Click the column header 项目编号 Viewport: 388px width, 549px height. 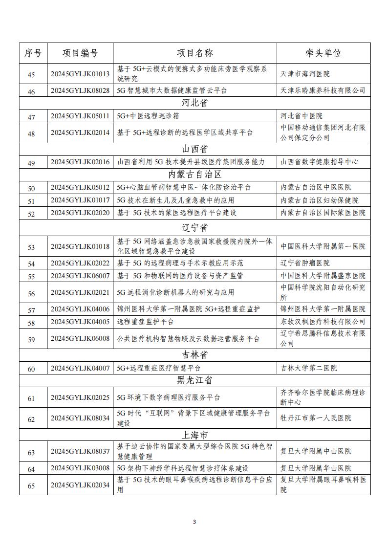point(80,53)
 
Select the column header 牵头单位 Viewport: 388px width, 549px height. point(323,53)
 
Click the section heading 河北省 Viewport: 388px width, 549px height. point(194,103)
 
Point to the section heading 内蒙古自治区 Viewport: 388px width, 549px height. point(194,175)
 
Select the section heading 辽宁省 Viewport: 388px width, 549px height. point(194,228)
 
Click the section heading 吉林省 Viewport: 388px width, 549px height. point(194,355)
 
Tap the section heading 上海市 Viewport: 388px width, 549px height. point(194,435)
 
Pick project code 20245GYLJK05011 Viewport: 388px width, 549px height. point(80,116)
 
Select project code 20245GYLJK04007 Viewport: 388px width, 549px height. point(80,368)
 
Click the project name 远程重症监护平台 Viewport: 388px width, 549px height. point(145,322)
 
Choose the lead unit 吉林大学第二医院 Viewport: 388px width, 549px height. point(308,368)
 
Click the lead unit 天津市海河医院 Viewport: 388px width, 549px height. point(305,74)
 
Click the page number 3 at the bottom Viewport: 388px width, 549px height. point(194,522)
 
